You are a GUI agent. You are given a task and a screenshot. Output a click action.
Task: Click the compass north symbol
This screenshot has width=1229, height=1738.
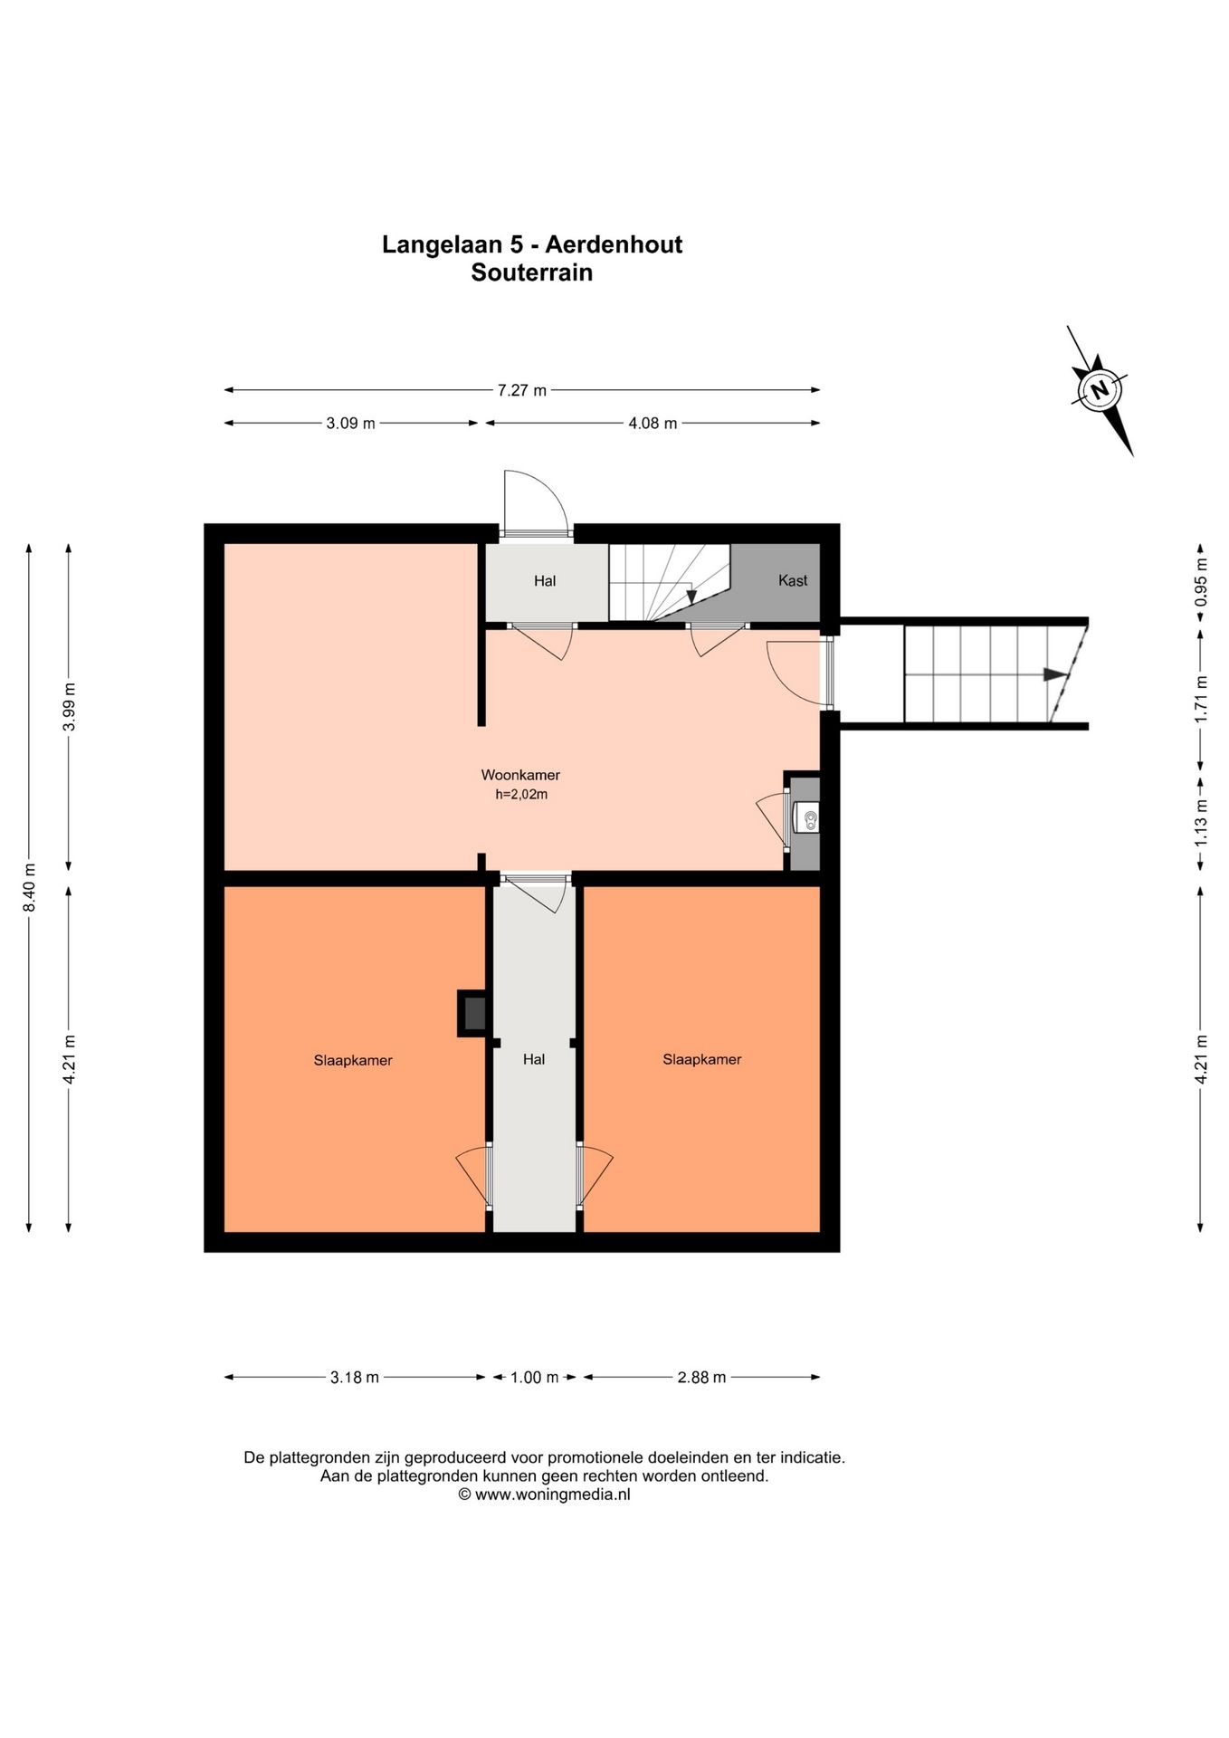coord(1100,390)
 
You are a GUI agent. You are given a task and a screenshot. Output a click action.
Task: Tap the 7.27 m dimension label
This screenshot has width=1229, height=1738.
coord(522,391)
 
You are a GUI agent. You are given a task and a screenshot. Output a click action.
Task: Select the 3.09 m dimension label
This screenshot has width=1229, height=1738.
coord(350,424)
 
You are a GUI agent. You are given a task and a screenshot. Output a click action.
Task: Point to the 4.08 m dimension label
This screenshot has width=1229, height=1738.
coord(653,424)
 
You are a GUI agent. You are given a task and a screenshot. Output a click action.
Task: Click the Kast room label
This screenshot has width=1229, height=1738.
coord(793,581)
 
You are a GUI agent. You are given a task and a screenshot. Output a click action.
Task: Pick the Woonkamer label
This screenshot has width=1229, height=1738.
coord(520,776)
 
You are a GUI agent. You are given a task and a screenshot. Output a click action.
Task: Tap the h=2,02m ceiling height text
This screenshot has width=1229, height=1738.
coord(521,796)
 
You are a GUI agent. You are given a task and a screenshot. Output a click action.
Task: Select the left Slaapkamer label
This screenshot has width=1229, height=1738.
coord(353,1061)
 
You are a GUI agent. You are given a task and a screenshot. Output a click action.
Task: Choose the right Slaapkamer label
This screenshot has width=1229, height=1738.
coord(702,1060)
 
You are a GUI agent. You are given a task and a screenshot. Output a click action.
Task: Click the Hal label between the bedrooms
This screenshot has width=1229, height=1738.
coord(534,1059)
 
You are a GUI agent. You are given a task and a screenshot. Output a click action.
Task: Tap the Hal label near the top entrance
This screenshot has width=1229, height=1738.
coord(545,581)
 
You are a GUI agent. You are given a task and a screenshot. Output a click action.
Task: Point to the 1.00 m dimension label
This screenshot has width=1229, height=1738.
coord(535,1378)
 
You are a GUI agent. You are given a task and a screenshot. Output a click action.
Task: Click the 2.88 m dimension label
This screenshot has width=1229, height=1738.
coord(701,1378)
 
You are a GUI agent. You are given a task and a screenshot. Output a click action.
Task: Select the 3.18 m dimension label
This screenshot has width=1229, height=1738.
coord(354,1378)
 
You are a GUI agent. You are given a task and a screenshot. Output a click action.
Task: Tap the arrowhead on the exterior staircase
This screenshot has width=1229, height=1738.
coord(1054,674)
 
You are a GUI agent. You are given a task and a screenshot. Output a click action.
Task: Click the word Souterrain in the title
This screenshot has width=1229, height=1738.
coord(532,272)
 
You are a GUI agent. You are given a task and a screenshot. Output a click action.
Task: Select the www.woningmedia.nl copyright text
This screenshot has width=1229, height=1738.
coord(544,1494)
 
